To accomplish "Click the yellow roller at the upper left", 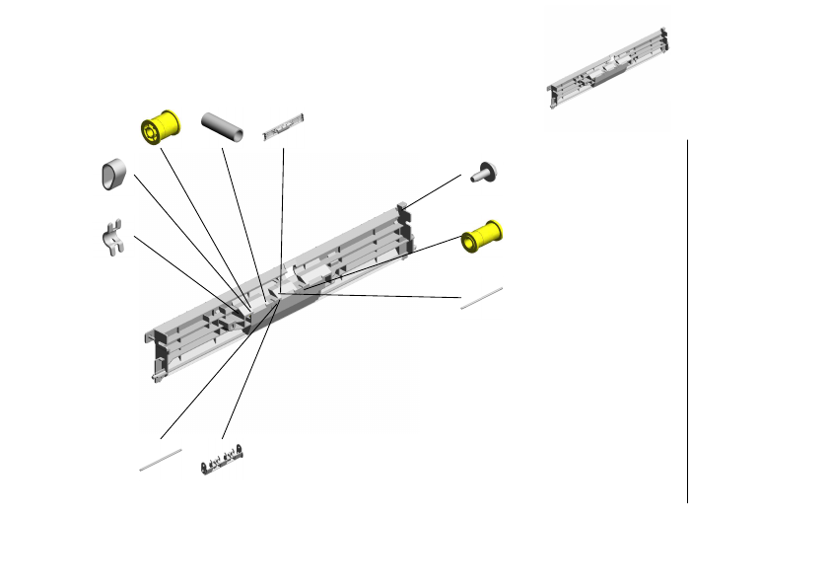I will tap(158, 127).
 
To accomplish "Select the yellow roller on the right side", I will tap(482, 237).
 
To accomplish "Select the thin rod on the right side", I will tap(482, 297).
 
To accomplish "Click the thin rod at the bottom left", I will tap(161, 458).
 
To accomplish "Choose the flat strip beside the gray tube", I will tap(284, 126).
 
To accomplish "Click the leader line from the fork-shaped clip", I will tap(187, 268).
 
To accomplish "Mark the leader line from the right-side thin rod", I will tap(375, 294).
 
